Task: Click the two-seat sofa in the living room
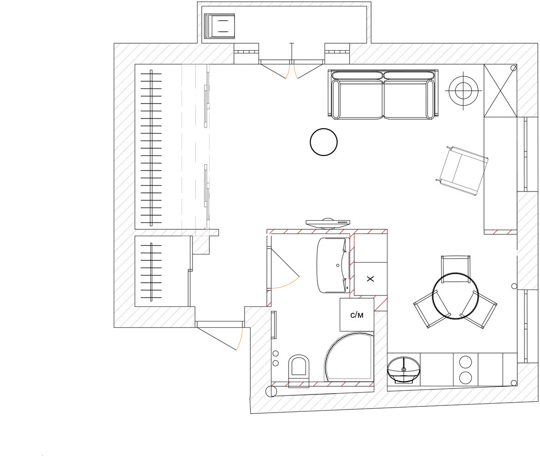(382, 95)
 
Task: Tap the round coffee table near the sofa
(323, 142)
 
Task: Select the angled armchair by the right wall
(463, 171)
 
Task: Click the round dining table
(455, 296)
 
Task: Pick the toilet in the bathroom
(299, 370)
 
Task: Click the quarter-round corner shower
(348, 359)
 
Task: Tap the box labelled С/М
(357, 315)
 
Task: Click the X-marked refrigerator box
(371, 279)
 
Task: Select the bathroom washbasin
(333, 265)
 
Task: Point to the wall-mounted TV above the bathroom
(328, 223)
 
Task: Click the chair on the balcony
(219, 26)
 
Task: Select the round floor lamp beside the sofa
(463, 91)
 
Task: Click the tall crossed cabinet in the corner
(500, 91)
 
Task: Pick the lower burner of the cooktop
(466, 378)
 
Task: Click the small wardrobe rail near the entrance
(151, 271)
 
